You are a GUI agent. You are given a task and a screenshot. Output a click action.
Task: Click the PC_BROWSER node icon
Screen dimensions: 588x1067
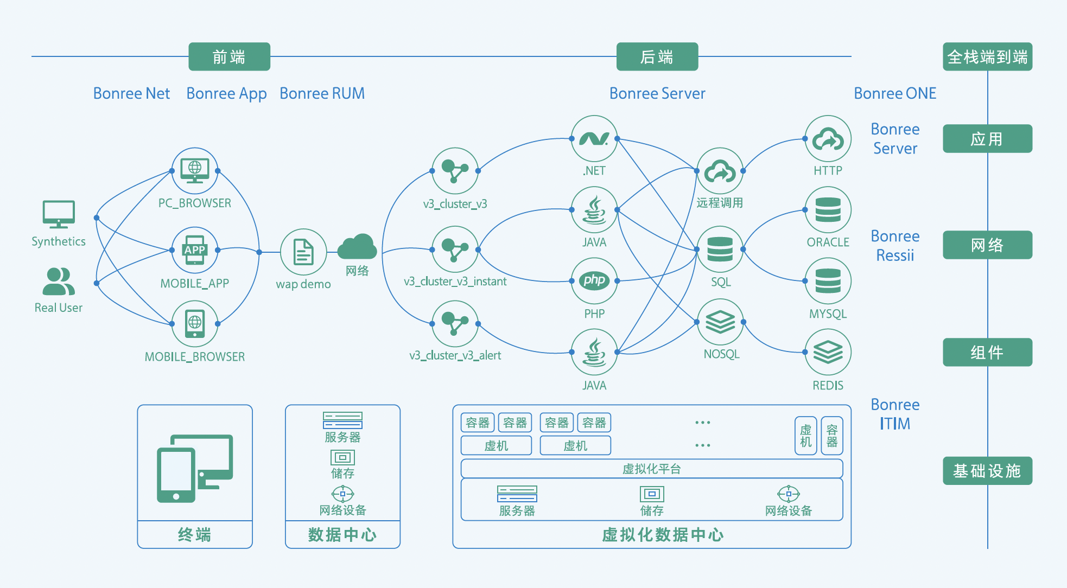[x=195, y=170]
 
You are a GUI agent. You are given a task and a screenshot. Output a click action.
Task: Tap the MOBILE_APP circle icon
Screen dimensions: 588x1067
[x=195, y=250]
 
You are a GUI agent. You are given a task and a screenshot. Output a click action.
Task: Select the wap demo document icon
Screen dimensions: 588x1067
[x=303, y=252]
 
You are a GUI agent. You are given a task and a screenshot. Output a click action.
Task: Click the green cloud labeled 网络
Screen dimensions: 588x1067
[x=357, y=247]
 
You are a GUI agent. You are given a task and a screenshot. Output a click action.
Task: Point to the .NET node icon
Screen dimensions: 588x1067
[x=594, y=138]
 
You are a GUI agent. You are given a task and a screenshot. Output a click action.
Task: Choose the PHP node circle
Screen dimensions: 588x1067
[x=594, y=280]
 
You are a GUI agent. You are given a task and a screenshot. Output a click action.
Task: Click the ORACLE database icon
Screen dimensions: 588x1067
[x=828, y=210]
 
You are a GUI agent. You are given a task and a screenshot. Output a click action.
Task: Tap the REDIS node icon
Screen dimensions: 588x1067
[x=828, y=353]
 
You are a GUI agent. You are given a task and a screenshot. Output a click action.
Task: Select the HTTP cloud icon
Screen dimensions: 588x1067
[x=828, y=138]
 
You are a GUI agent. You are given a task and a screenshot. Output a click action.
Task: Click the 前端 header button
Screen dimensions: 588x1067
[x=229, y=56]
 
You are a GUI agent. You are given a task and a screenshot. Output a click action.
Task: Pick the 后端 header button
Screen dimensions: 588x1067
[x=657, y=56]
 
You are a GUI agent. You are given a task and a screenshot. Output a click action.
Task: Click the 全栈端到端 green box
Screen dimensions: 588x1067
[x=987, y=56]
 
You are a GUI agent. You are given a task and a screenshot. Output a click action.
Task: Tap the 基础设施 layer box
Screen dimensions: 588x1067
[x=987, y=470]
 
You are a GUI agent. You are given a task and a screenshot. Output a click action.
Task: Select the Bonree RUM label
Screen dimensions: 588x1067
[x=322, y=93]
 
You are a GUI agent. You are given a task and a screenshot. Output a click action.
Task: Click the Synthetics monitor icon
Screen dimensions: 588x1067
[x=59, y=214]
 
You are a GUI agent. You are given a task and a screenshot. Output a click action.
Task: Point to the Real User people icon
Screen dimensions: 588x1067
[x=59, y=281]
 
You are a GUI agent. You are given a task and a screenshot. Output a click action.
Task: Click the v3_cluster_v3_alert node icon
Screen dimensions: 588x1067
[x=455, y=324]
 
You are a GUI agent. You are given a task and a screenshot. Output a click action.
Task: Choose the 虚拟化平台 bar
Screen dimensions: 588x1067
[x=651, y=469]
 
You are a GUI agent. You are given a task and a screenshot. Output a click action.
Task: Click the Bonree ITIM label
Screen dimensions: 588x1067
[x=895, y=414]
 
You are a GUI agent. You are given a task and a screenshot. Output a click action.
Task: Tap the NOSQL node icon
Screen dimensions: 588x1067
[x=720, y=322]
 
